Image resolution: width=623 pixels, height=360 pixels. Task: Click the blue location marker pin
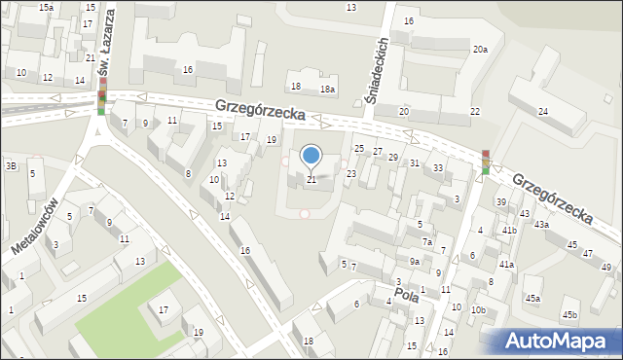[x=311, y=156]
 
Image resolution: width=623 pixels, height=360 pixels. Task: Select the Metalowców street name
[x=35, y=225]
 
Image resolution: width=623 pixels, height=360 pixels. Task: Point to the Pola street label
[x=406, y=292]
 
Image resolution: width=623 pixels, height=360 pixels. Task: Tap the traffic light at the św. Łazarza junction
[x=101, y=97]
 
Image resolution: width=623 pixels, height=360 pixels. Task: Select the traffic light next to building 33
[x=485, y=162]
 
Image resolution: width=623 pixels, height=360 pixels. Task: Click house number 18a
[x=329, y=90]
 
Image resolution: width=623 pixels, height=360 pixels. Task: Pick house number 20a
[x=480, y=49]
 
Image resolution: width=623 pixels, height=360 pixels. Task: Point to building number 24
[x=542, y=112]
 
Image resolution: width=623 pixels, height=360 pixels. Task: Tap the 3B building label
[x=11, y=166]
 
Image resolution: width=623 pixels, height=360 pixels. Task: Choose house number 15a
[x=46, y=7]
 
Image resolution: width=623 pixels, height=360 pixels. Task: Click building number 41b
[x=509, y=231]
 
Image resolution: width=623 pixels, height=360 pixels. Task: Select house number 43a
[x=540, y=225]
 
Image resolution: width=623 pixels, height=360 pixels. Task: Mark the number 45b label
[x=569, y=314]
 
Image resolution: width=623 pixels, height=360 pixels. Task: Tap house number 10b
[x=477, y=309]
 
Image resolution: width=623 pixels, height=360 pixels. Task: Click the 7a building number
[x=426, y=241]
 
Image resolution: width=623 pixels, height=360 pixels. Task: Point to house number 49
[x=605, y=268]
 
